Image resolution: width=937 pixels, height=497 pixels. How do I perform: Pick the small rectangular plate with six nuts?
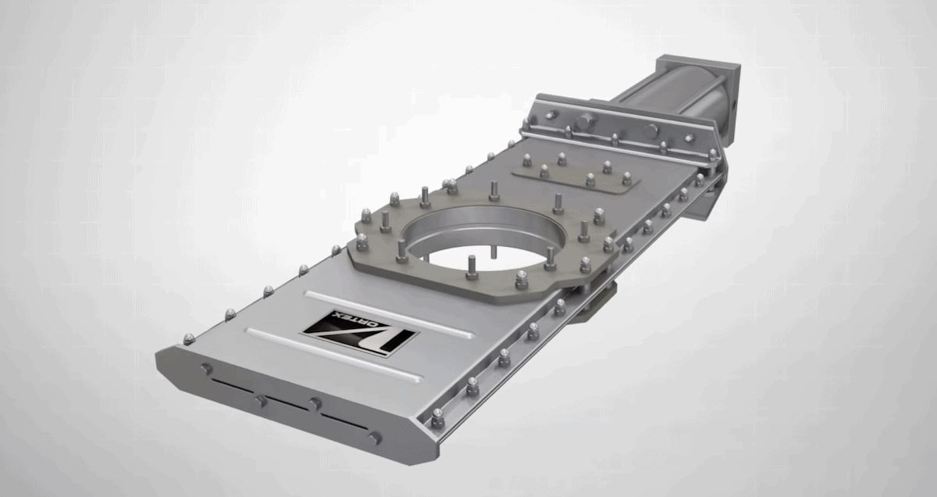click(576, 173)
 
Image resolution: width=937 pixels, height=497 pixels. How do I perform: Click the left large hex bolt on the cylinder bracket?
click(586, 122)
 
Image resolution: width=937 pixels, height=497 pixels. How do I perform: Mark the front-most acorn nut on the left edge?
click(189, 338)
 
